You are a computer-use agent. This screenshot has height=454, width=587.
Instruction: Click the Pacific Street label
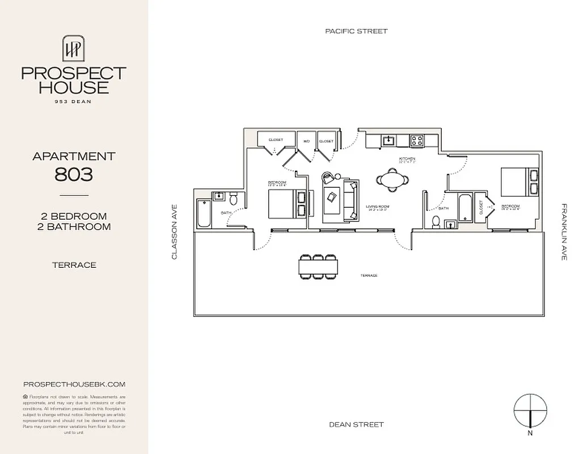coord(356,31)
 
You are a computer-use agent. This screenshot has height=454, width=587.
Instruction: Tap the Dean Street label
coord(356,424)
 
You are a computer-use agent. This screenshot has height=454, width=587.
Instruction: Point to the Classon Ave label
coord(175,232)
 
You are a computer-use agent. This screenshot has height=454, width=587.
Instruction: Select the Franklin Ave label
coord(564,232)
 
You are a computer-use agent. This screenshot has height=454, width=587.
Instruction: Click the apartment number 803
coord(74,174)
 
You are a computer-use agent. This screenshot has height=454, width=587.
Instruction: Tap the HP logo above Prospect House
coord(74,48)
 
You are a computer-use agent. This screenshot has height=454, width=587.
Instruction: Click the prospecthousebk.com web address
coord(74,384)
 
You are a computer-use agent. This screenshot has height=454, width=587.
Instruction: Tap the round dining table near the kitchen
coord(392,179)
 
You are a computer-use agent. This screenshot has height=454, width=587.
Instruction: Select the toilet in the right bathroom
coord(436,221)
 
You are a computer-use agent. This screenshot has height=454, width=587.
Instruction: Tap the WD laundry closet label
coord(306,140)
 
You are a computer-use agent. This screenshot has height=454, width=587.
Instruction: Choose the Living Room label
coord(377,207)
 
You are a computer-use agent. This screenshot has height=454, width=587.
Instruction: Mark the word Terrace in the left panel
coord(74,265)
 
